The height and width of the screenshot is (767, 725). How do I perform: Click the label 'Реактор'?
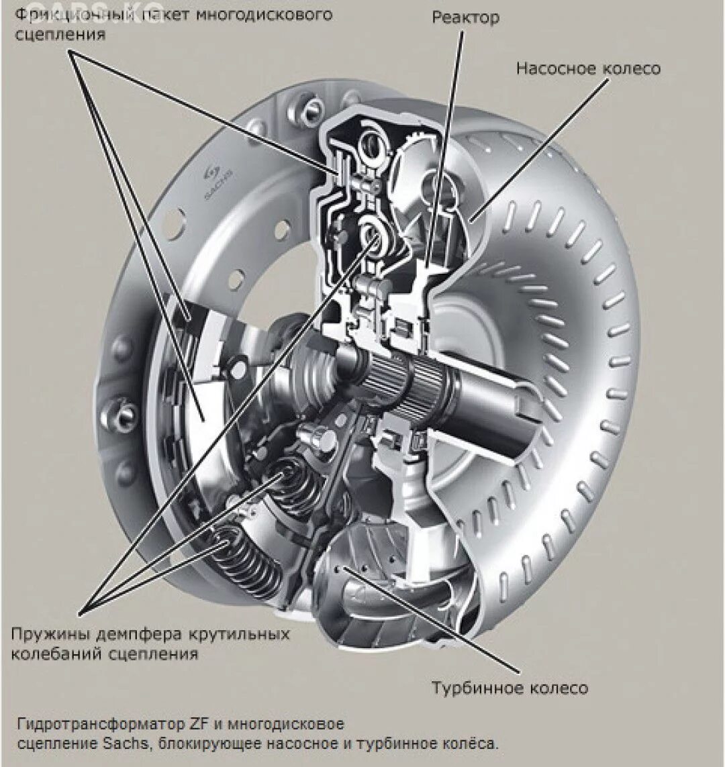tap(465, 17)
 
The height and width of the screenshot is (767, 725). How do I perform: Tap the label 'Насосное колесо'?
tap(588, 68)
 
